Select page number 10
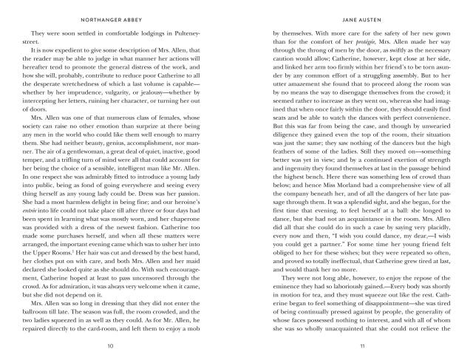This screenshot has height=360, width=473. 110,346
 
